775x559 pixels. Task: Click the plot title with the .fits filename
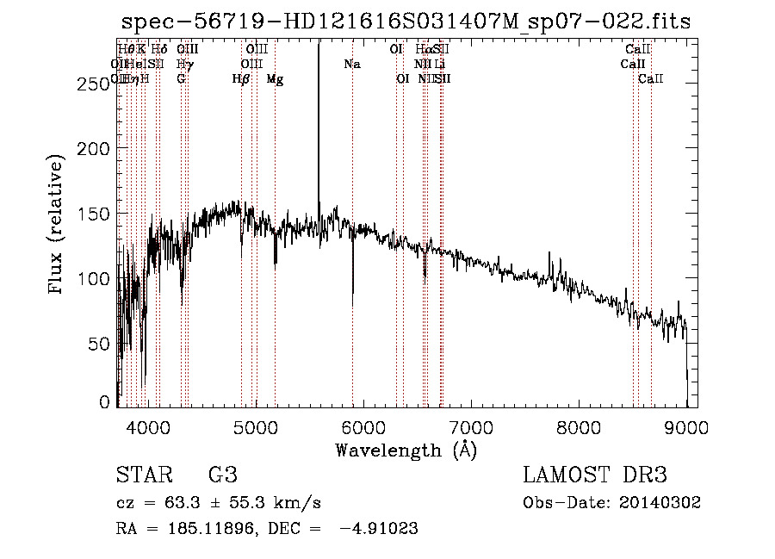point(406,22)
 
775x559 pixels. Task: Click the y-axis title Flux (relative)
point(57,226)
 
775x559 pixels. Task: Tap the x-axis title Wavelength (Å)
point(406,450)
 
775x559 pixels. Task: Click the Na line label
point(352,65)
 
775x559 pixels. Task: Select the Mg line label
point(275,79)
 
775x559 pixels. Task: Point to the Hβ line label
point(241,79)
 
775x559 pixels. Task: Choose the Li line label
point(439,65)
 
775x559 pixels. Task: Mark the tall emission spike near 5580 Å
point(319,103)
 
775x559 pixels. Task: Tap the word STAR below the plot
point(141,475)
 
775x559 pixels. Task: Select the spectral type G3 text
point(222,475)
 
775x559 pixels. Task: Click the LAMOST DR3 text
point(594,475)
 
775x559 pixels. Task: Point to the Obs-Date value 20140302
point(665,503)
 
